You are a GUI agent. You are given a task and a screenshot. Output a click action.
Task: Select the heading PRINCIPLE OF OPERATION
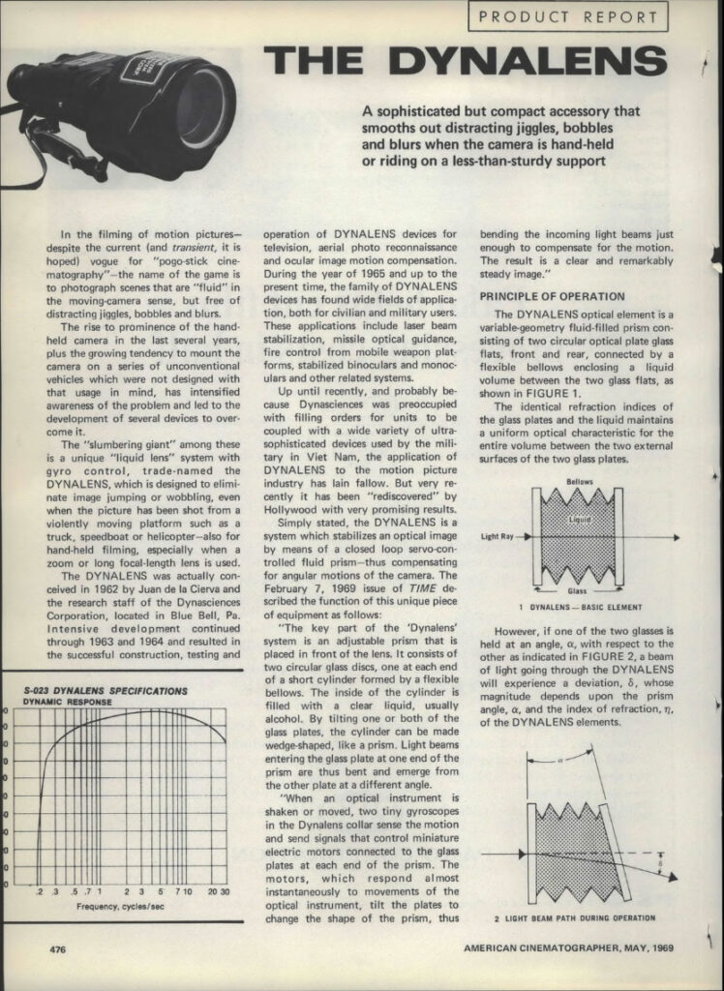pyautogui.click(x=553, y=296)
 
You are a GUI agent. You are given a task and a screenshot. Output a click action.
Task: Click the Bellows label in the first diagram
pyautogui.click(x=579, y=481)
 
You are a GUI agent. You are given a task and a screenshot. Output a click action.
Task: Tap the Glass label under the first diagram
pyautogui.click(x=578, y=589)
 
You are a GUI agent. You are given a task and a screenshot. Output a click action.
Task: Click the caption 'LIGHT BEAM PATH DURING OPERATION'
pyautogui.click(x=574, y=917)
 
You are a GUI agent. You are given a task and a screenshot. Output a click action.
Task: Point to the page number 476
pyautogui.click(x=58, y=950)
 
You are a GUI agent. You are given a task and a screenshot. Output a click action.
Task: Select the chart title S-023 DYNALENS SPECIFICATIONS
pyautogui.click(x=105, y=691)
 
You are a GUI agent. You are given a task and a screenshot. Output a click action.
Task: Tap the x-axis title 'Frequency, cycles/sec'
pyautogui.click(x=119, y=906)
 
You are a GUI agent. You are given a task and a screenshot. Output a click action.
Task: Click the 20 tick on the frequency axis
pyautogui.click(x=210, y=891)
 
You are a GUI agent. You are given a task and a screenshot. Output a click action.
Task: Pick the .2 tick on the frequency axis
pyautogui.click(x=40, y=891)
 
